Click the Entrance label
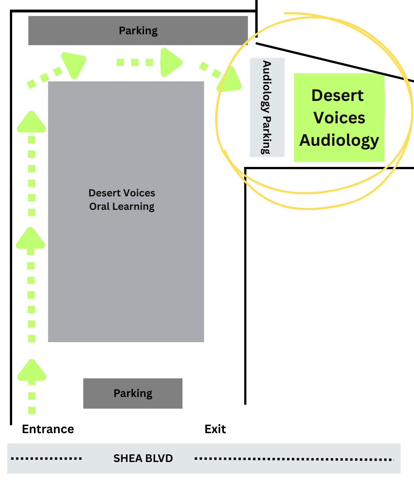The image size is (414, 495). (48, 429)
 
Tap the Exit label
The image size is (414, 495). (215, 429)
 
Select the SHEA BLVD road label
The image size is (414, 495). (143, 458)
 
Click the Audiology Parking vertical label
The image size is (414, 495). (267, 107)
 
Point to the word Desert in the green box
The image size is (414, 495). (337, 95)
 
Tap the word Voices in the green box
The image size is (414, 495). (339, 118)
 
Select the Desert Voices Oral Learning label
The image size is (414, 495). (122, 200)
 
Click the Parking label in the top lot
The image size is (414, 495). (138, 31)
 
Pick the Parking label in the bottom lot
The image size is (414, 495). (133, 393)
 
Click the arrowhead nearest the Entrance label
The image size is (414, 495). (32, 371)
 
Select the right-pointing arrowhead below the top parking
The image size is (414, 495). (170, 62)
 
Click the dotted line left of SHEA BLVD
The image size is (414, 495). (46, 458)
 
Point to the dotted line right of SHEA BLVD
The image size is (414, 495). (294, 459)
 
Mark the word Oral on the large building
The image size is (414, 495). (99, 207)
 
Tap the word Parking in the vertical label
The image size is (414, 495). (266, 135)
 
